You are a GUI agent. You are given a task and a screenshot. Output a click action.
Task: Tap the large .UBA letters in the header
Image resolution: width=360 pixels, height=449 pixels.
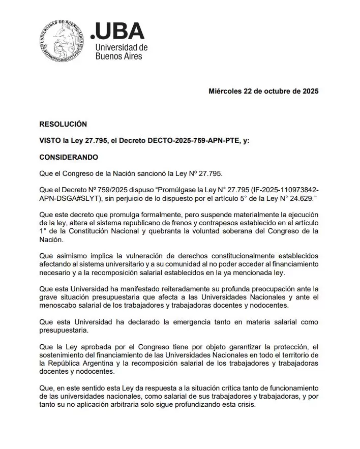(x=117, y=32)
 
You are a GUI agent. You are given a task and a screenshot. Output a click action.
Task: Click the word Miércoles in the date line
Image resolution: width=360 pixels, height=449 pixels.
(x=226, y=92)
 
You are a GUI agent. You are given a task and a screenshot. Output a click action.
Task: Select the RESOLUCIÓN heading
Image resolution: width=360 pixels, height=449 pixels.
(x=63, y=124)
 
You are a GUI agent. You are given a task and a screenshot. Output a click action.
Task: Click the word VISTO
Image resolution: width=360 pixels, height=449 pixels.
(x=50, y=140)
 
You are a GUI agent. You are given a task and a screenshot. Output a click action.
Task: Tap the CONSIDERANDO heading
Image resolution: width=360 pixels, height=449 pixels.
(x=69, y=157)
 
